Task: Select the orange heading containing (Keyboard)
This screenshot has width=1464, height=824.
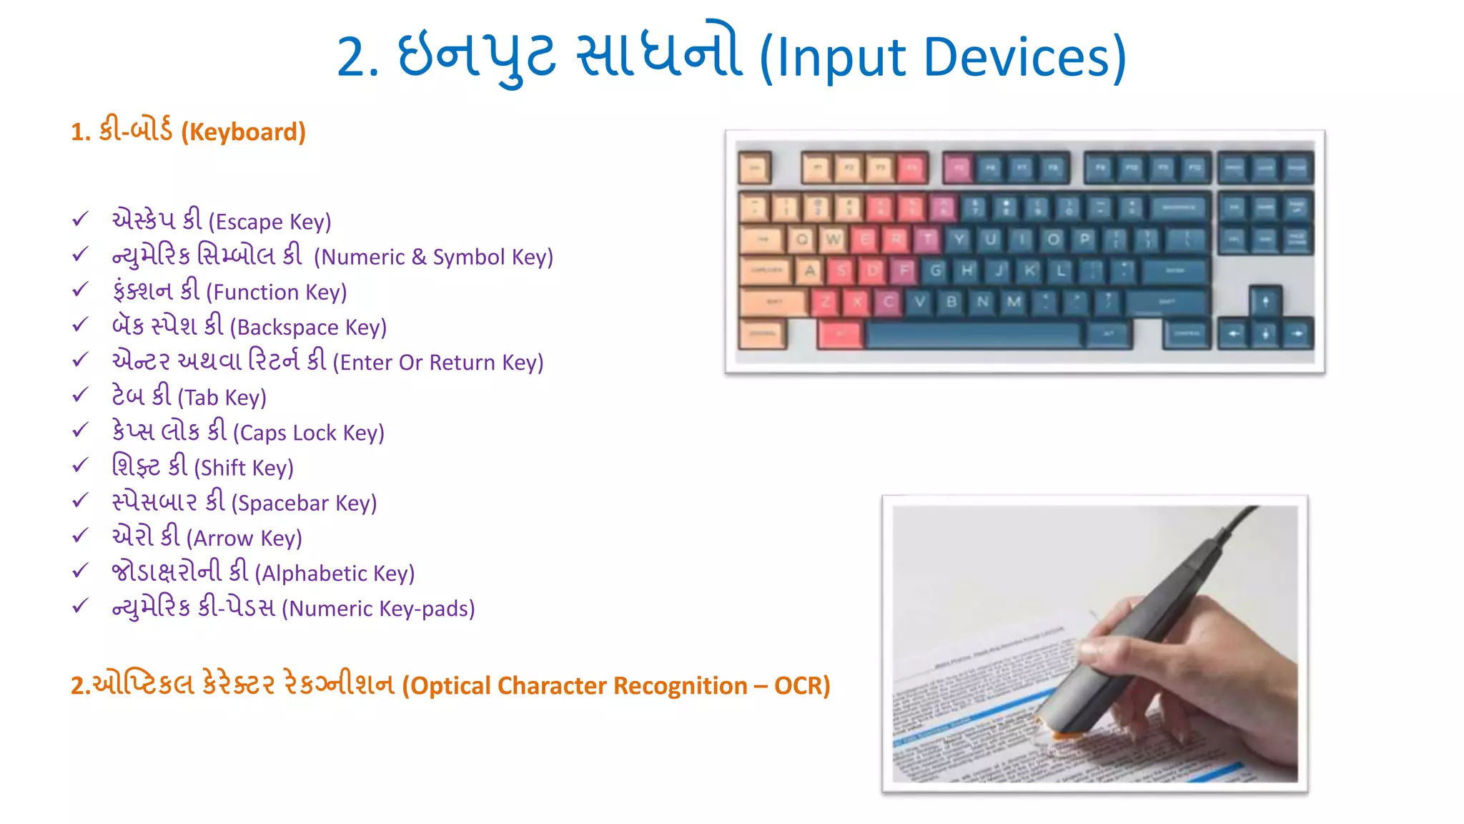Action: point(188,131)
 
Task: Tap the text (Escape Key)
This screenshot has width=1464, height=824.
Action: point(221,220)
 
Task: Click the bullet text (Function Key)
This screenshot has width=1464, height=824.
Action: point(229,291)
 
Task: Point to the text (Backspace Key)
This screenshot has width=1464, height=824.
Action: point(249,326)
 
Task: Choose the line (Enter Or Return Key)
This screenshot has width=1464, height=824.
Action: point(327,361)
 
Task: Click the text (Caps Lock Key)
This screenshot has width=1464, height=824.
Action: point(247,431)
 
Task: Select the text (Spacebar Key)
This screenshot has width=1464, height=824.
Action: point(244,502)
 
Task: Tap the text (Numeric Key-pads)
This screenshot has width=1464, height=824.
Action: point(293,608)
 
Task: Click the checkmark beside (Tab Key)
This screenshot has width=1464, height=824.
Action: point(80,395)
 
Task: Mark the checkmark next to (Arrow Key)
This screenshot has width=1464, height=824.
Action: point(80,535)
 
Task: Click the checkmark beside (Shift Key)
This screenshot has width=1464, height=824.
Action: point(80,465)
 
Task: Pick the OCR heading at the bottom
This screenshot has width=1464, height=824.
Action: point(450,685)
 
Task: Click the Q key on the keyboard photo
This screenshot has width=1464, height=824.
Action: point(801,240)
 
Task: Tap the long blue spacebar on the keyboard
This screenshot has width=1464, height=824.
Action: point(972,334)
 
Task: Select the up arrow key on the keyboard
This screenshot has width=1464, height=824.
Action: point(1265,301)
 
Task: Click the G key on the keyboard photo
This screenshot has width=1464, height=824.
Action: point(935,271)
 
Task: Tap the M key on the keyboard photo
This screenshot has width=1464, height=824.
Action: point(1014,302)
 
